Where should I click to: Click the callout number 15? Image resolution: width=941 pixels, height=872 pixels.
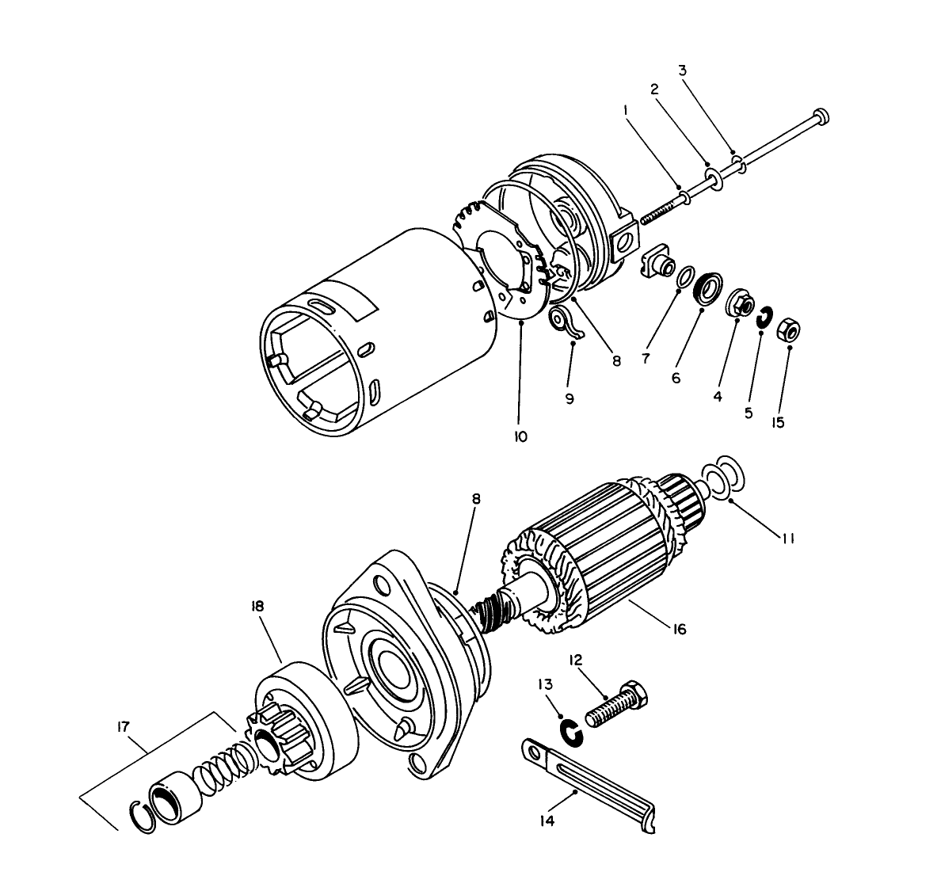tap(778, 422)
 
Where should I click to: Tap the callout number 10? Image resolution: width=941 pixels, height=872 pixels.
tap(520, 436)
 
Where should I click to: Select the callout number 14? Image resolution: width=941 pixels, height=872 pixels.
tap(547, 821)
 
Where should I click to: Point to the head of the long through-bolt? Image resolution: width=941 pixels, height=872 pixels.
tap(821, 116)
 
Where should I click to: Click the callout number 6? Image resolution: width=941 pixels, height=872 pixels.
tap(676, 378)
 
